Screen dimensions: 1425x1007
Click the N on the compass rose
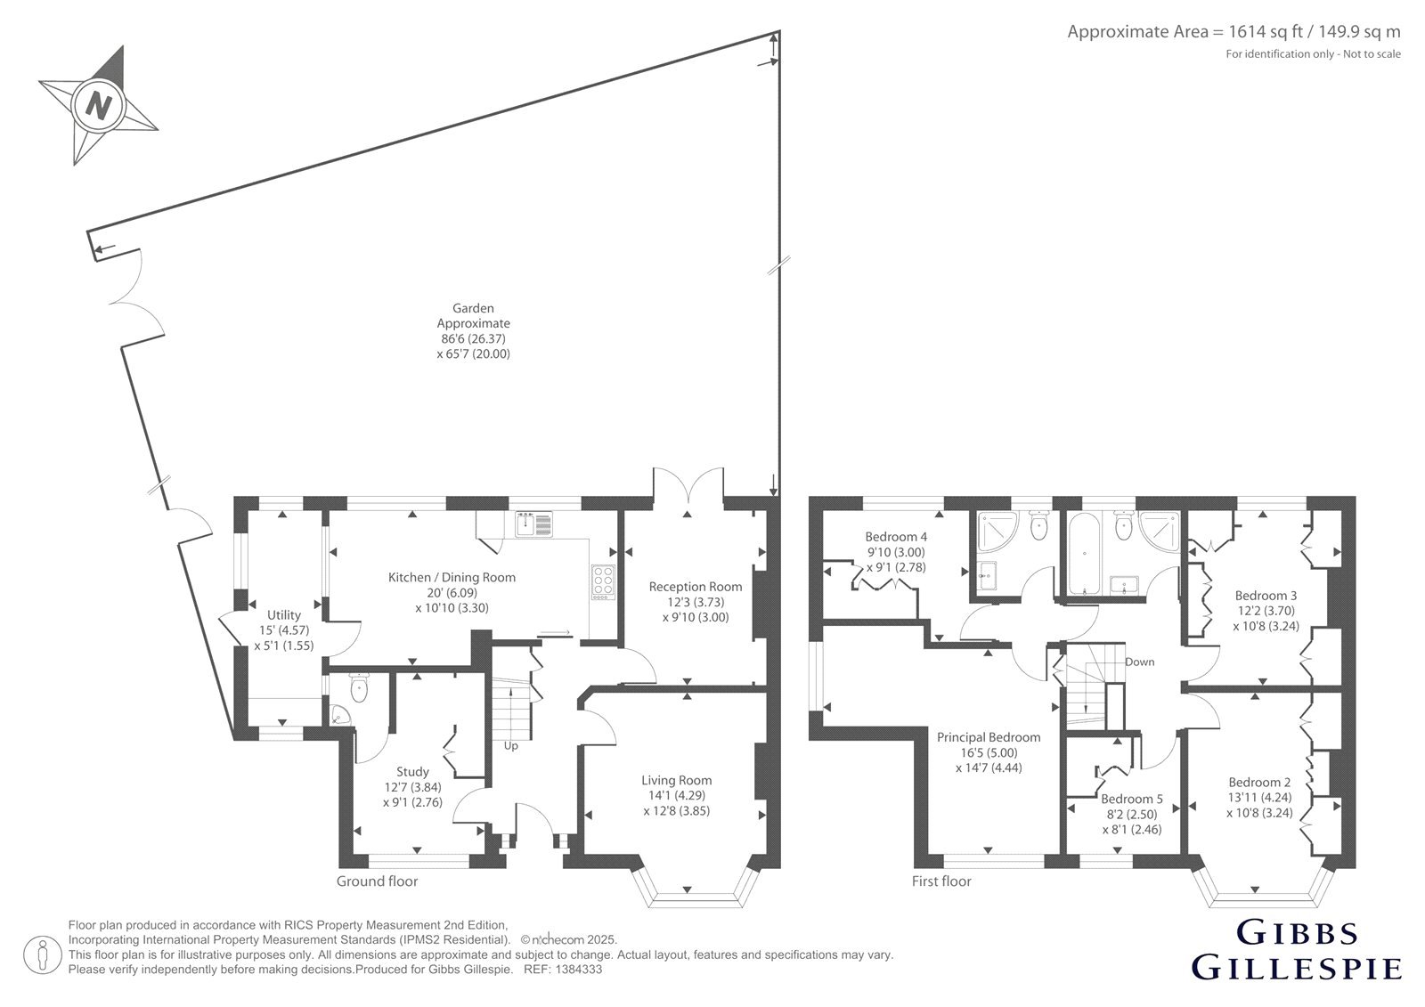click(97, 105)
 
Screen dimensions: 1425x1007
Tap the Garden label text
click(473, 308)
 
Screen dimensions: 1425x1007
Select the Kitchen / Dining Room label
click(452, 577)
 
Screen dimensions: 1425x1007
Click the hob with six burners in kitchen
click(602, 582)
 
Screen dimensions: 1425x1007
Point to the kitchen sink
click(533, 524)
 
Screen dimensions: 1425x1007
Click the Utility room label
click(284, 615)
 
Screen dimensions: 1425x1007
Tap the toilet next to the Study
click(359, 687)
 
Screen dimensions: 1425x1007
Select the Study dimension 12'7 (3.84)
click(412, 787)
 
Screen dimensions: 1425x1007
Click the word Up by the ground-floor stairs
click(511, 745)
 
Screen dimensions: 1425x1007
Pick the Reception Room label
click(696, 587)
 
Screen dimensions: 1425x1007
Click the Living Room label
click(676, 780)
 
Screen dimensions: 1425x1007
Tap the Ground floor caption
click(378, 881)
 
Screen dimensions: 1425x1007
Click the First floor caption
click(941, 881)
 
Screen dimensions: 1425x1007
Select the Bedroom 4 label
click(896, 537)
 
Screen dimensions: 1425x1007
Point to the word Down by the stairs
click(1139, 662)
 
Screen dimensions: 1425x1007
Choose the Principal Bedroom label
click(989, 737)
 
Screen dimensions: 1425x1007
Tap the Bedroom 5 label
click(1132, 799)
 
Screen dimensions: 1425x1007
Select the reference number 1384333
click(578, 970)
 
